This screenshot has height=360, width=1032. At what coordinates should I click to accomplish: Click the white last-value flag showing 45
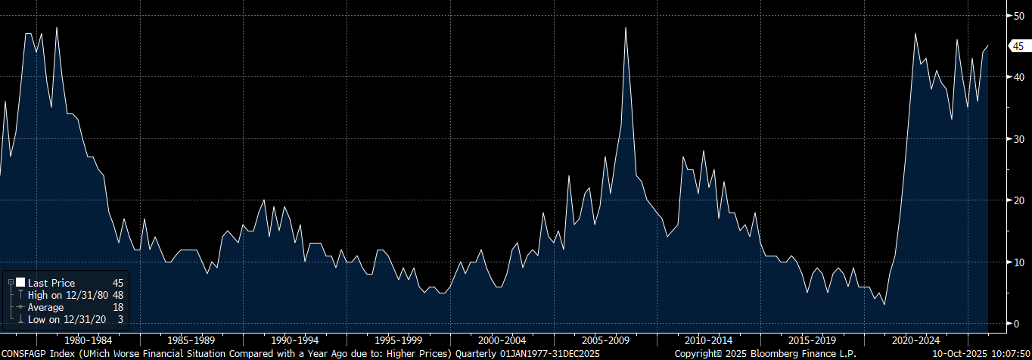[1018, 46]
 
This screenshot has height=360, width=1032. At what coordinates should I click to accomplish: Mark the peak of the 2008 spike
[626, 28]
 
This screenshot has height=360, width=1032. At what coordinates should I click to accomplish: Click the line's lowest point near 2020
[884, 305]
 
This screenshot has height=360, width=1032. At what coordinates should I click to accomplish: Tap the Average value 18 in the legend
[117, 308]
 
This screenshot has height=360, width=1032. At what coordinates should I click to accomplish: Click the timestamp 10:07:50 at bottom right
[1009, 353]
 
